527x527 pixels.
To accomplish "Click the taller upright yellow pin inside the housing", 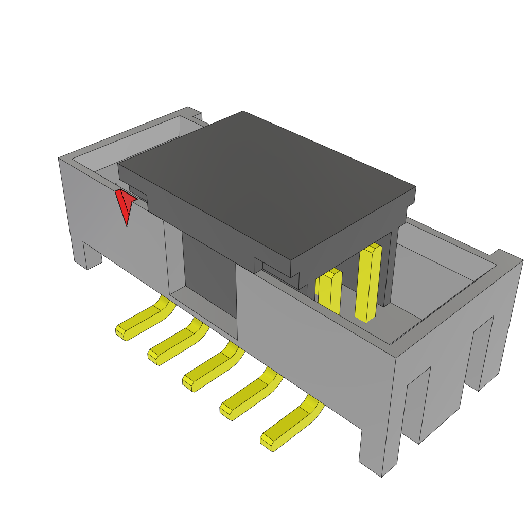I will [368, 283].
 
